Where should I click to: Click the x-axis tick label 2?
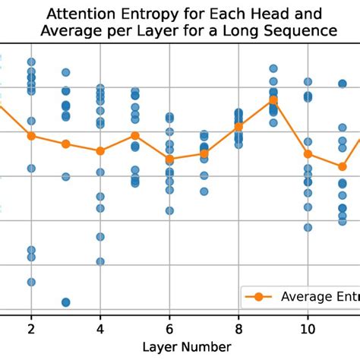point(31,329)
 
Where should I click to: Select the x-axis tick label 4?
point(100,329)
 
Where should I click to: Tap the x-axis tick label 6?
point(169,329)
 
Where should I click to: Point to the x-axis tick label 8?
point(238,329)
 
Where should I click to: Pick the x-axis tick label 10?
point(308,329)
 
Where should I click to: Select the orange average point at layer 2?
point(31,136)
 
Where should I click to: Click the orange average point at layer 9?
point(273,99)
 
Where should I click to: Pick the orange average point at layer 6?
point(169,159)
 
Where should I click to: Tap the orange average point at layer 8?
point(238,126)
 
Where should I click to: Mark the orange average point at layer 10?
point(308,154)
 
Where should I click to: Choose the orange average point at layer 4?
point(100,150)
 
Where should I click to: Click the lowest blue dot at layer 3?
point(65,302)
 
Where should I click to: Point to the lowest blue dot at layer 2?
point(31,282)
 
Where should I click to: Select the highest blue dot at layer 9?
point(273,68)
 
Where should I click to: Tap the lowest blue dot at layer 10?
point(308,227)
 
